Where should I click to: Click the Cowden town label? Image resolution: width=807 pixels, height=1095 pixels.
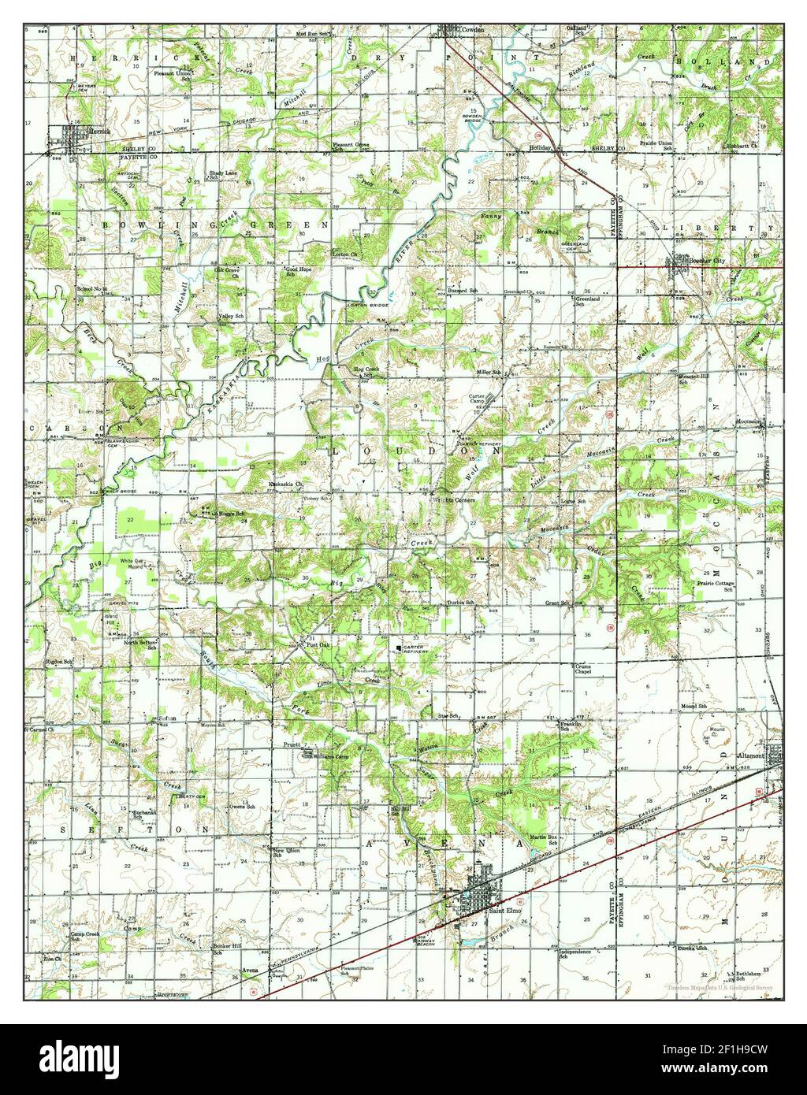click(x=472, y=29)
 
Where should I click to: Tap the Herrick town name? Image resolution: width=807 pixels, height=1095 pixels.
click(x=100, y=132)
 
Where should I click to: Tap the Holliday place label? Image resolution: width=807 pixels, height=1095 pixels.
click(x=541, y=147)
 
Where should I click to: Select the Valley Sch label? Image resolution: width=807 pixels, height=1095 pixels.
click(x=229, y=319)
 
